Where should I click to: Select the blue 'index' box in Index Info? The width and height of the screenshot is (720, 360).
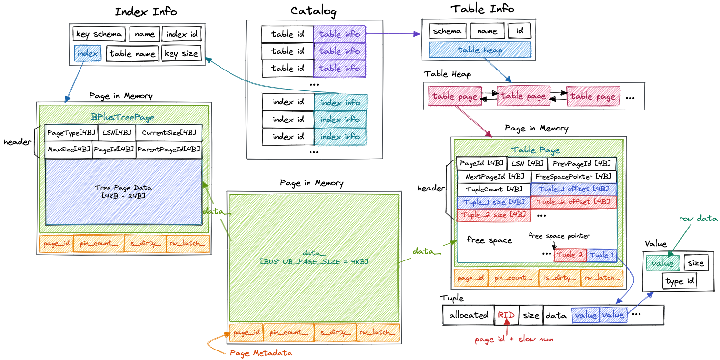pos(88,53)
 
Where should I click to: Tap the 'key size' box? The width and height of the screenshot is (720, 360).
pos(181,53)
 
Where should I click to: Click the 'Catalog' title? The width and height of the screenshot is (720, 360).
pos(313,11)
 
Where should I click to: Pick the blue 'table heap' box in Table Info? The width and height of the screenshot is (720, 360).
pos(480,50)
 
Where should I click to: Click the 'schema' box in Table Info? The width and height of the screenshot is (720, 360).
pos(448,31)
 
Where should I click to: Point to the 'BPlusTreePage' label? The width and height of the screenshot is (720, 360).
pos(123,117)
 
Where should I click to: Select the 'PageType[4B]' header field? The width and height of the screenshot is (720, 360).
pos(71,133)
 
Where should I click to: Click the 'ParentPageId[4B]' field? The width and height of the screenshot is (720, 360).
pos(169,150)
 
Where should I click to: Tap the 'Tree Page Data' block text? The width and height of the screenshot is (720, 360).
pos(123,191)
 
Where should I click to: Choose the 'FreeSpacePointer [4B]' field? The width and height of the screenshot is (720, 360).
pos(573,177)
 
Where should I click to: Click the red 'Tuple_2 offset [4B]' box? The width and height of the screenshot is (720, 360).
pos(573,202)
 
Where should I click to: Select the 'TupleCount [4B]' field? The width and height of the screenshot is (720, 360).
pos(493,190)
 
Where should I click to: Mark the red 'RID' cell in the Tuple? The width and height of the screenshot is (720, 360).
pos(507,315)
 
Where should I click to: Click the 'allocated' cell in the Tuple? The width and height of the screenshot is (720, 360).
pos(469,315)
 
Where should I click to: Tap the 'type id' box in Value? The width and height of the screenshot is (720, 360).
pos(680,281)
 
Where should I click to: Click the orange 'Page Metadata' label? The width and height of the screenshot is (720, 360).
pos(261,353)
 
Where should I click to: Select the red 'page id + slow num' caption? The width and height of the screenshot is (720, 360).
pos(514,340)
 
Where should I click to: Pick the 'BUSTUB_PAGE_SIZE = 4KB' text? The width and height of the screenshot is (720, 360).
pos(314,261)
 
